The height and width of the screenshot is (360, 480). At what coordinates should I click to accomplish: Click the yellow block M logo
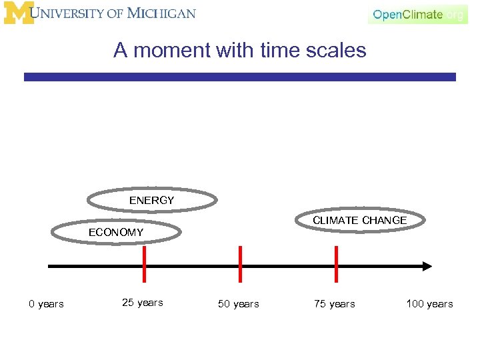18,13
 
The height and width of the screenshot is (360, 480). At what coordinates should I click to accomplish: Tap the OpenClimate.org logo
418,15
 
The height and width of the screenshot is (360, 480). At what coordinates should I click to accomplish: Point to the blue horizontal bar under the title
240,77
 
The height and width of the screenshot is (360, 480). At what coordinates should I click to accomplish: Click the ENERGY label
151,200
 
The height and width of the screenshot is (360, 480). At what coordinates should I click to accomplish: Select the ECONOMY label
116,232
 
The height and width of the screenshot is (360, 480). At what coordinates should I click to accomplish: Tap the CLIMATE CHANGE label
359,220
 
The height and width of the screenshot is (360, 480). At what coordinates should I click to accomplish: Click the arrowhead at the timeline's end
427,266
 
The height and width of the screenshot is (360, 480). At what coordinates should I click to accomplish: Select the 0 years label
46,304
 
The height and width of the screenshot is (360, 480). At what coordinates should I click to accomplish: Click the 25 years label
143,303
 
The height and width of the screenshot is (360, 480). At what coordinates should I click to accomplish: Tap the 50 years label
239,304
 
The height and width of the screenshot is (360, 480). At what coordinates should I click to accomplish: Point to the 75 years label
335,304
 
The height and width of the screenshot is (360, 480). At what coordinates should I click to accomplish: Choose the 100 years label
429,304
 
